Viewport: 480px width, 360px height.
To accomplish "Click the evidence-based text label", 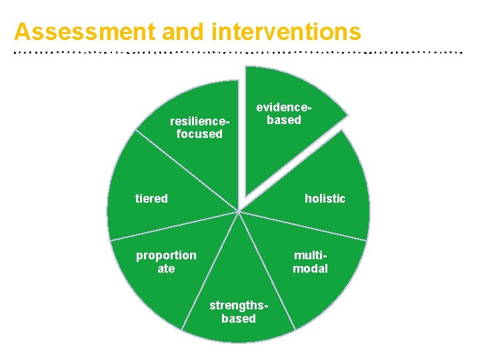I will tap(284, 113).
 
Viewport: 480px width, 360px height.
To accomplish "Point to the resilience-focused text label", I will tap(199, 127).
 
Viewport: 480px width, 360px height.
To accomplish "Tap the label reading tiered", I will tap(151, 198).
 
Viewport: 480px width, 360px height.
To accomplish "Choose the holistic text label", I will tap(325, 198).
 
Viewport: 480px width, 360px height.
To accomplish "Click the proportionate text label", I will tap(166, 261).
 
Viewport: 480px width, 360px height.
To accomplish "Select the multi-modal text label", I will tap(310, 261).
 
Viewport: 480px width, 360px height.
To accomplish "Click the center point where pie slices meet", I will tap(238, 211).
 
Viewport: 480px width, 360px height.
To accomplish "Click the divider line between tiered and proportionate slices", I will tap(173, 225).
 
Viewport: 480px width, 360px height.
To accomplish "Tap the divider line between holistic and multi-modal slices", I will tap(303, 225).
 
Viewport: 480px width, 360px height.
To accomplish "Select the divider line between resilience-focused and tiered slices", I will tap(187, 171).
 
